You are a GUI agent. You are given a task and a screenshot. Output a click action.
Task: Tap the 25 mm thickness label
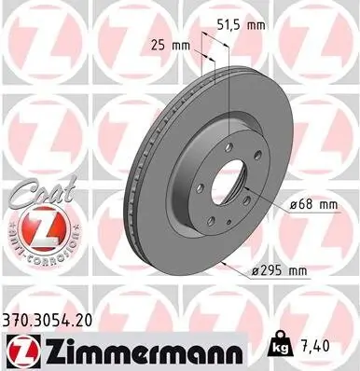tap(166, 43)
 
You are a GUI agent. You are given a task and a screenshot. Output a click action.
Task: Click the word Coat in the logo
tap(35, 192)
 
